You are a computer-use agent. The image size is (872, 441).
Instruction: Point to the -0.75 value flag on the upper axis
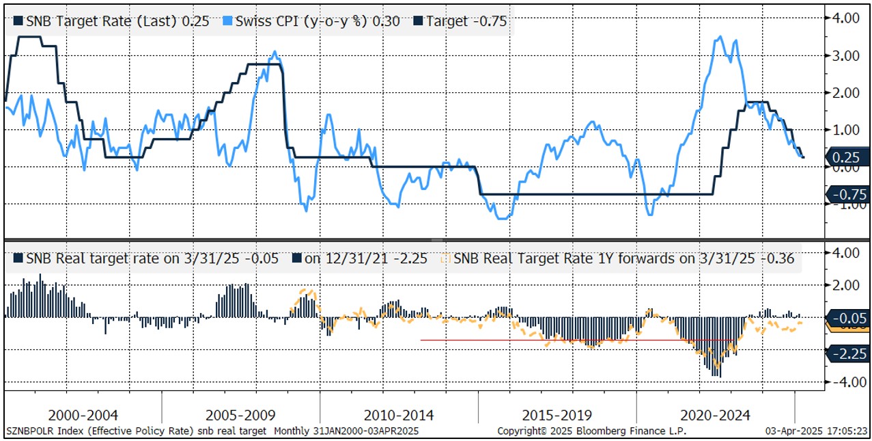point(847,194)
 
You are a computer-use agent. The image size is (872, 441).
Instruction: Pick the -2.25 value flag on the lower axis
point(847,353)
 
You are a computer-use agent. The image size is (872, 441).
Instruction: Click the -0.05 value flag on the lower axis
point(847,317)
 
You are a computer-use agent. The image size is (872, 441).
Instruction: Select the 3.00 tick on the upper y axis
point(844,55)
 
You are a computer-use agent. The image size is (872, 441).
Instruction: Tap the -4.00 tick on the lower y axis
point(844,382)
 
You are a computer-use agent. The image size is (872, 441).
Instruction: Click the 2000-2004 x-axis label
point(84,415)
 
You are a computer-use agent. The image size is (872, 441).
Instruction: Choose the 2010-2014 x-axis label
point(399,415)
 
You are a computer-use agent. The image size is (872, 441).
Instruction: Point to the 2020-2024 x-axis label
point(716,415)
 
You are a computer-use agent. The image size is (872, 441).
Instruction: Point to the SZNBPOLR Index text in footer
point(42,431)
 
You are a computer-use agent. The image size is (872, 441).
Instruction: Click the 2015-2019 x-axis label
point(557,415)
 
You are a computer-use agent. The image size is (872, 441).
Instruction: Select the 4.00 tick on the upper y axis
point(844,18)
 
